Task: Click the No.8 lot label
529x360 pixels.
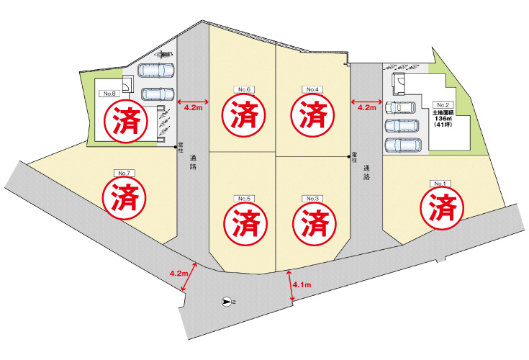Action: (109, 94)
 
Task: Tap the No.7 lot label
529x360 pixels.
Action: (124, 173)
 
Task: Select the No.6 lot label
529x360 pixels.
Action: (243, 89)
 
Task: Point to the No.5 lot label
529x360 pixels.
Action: (243, 199)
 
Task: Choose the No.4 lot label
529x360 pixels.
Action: (312, 89)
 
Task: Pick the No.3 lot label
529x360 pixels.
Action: (312, 199)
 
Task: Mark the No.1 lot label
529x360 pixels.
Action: (439, 184)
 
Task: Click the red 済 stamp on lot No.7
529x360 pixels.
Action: (124, 197)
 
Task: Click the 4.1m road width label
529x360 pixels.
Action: (302, 286)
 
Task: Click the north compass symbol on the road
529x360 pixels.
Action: (227, 302)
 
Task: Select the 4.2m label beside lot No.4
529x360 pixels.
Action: (366, 108)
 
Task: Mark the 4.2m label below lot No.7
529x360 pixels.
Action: (178, 274)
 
